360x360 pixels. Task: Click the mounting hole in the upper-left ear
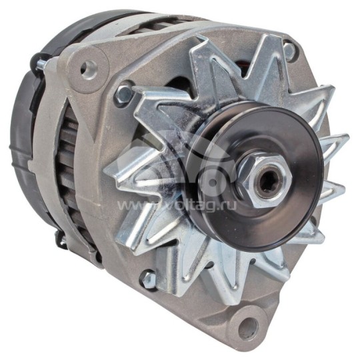tap(87, 67)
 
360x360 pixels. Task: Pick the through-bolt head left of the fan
tap(123, 94)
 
